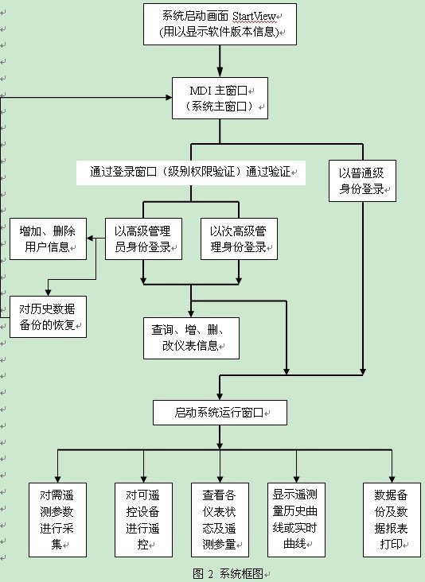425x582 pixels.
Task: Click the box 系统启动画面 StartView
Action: [220, 24]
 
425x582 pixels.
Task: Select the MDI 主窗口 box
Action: [220, 98]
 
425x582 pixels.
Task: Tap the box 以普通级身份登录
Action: [362, 180]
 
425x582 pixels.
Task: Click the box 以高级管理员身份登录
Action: [143, 239]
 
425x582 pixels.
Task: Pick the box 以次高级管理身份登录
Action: [239, 239]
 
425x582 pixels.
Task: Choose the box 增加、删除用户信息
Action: [48, 239]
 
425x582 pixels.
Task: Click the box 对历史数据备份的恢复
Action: [48, 316]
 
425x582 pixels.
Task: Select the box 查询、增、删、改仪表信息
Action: [191, 338]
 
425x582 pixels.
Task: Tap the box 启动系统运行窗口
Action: [220, 413]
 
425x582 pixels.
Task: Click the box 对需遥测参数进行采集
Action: [57, 520]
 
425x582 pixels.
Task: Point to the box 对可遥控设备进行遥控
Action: [143, 520]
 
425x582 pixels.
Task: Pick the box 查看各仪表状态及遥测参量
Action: [220, 520]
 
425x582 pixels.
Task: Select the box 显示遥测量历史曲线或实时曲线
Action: [296, 520]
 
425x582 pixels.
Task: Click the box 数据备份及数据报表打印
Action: [392, 520]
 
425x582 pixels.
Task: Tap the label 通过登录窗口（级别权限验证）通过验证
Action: [190, 172]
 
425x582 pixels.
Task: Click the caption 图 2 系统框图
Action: [228, 573]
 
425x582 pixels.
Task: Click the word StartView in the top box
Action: [255, 17]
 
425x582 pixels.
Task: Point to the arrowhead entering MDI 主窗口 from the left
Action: [169, 97]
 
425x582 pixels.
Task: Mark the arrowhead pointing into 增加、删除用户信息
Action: [90, 239]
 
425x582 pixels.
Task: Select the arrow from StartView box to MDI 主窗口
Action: [220, 61]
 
